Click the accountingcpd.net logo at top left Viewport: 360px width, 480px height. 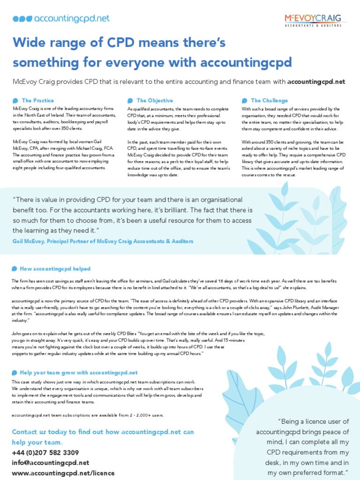(61, 19)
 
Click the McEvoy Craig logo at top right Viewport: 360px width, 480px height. (315, 19)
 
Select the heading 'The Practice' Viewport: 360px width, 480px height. (37, 100)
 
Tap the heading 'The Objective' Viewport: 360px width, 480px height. (154, 100)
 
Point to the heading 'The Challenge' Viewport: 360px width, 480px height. (269, 100)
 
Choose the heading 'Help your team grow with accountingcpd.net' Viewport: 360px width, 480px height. (79, 373)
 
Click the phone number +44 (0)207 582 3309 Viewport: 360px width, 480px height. (45, 452)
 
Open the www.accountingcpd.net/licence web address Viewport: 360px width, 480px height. (63, 473)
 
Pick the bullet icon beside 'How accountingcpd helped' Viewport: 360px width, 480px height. (15, 269)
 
